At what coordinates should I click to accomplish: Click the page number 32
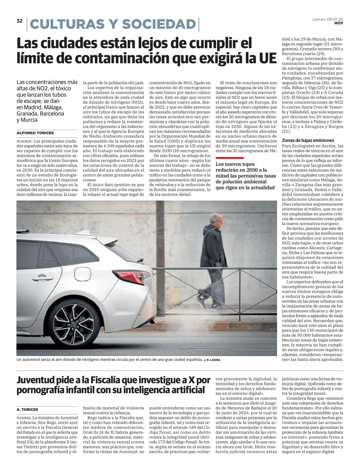pos(19,21)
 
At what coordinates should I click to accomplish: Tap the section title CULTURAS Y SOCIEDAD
pos(113,24)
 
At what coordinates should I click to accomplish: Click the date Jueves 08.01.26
pos(327,19)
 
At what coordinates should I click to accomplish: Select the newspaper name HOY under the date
pos(339,23)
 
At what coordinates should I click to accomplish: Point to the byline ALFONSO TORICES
pos(35,133)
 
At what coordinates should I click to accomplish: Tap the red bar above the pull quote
pos(229,158)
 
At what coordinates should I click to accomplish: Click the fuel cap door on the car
pos(82,272)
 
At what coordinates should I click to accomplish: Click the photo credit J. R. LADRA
pos(212,360)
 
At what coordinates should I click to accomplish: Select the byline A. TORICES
pos(27,409)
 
